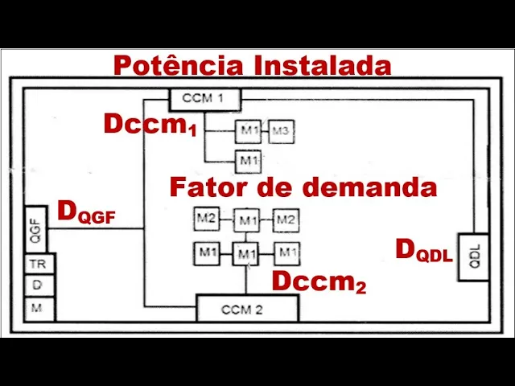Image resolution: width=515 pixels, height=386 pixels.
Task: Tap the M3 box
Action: [x=279, y=130]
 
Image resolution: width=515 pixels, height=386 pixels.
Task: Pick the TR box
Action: [x=36, y=264]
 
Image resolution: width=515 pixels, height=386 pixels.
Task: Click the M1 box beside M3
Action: [x=248, y=131]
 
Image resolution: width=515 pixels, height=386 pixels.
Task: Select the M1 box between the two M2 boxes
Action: [x=247, y=220]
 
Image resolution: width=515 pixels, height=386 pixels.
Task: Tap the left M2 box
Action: [x=206, y=218]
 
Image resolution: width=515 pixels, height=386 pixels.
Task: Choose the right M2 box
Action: [x=286, y=219]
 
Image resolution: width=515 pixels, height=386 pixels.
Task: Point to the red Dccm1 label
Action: [x=150, y=125]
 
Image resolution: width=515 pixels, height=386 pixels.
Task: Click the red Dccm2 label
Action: [x=319, y=282]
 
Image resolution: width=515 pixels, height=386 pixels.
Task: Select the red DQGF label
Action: [x=92, y=214]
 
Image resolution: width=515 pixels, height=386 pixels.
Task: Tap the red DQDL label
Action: [x=424, y=252]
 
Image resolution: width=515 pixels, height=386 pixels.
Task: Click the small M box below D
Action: [x=36, y=308]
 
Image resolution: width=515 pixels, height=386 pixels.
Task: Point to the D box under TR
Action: [x=36, y=286]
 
